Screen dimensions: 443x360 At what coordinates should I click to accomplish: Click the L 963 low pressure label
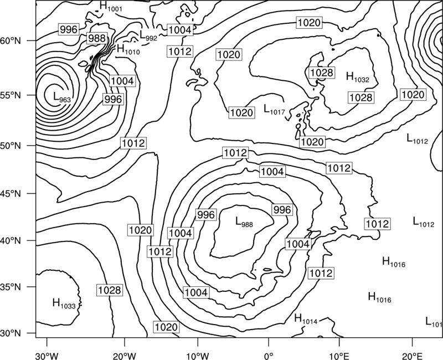click(62, 97)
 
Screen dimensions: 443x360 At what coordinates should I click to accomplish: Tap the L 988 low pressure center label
click(244, 222)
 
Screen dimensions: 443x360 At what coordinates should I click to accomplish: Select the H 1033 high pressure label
click(64, 304)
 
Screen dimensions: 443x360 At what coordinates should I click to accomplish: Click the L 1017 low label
click(274, 109)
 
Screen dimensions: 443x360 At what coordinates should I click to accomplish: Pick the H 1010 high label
click(128, 49)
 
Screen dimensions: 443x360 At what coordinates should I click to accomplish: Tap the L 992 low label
click(148, 35)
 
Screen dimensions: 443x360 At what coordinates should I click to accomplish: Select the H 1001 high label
click(111, 7)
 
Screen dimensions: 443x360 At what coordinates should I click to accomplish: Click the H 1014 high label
click(306, 319)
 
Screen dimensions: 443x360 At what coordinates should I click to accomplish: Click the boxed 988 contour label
click(96, 38)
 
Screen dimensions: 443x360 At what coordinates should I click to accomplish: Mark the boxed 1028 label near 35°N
click(110, 290)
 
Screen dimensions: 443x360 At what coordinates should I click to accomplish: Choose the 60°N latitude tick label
click(11, 41)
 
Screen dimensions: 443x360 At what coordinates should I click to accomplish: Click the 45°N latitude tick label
click(11, 194)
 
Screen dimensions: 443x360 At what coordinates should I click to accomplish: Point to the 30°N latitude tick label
click(11, 333)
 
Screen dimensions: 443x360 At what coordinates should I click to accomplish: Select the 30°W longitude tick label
click(47, 354)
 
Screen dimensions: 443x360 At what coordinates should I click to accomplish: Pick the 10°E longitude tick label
click(339, 354)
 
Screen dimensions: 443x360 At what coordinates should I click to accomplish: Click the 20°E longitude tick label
click(412, 354)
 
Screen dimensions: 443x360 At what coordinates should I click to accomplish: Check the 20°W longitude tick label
click(124, 354)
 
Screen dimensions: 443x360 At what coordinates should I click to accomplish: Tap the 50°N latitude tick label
click(11, 146)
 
